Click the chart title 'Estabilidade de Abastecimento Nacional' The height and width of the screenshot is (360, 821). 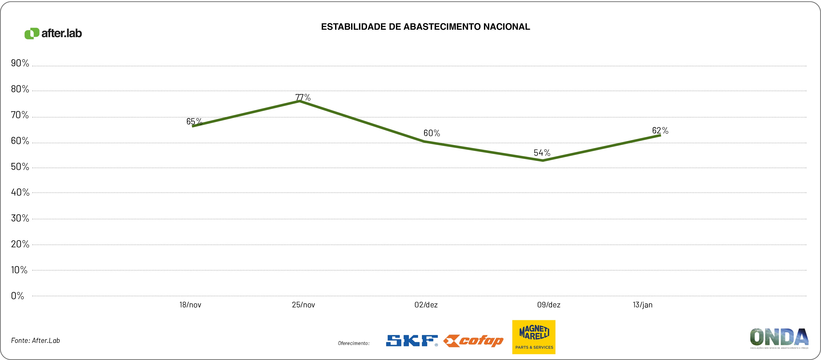click(x=426, y=27)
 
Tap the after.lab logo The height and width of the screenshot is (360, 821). click(x=53, y=33)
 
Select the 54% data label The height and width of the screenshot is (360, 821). click(x=542, y=153)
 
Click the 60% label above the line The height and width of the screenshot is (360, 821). click(x=432, y=133)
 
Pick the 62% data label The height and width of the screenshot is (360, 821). click(x=660, y=130)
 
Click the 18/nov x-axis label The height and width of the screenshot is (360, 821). click(x=190, y=305)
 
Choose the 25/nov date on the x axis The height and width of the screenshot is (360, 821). click(x=303, y=305)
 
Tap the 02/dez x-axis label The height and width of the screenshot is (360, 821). click(x=426, y=305)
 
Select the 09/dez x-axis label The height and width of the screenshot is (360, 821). click(x=549, y=305)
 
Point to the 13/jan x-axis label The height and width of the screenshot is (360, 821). click(x=642, y=305)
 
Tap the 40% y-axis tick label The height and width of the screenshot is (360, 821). click(x=20, y=192)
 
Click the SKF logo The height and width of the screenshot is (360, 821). click(x=412, y=341)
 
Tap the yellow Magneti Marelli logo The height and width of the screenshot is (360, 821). click(x=534, y=337)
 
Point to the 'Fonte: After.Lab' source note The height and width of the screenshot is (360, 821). click(x=35, y=341)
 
